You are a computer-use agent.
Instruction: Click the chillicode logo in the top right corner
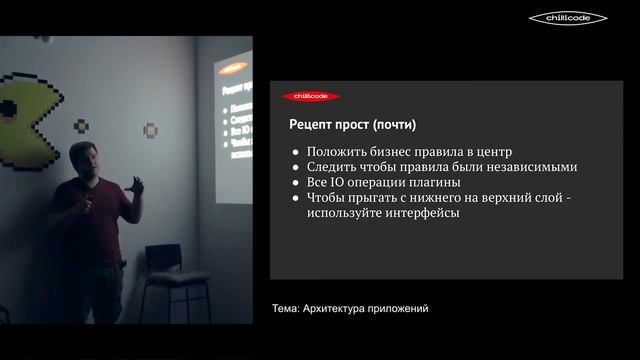(x=567, y=18)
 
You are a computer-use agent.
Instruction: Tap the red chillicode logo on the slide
(x=311, y=96)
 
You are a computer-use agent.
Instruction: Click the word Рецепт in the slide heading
(x=312, y=126)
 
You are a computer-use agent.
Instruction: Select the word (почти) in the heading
(x=392, y=126)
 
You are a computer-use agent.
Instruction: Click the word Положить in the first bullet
(x=335, y=151)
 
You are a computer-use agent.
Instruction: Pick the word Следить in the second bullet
(x=331, y=167)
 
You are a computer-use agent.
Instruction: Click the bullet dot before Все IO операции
(x=296, y=184)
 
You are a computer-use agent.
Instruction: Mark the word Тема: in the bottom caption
(x=286, y=309)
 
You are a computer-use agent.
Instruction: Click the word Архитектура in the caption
(x=337, y=309)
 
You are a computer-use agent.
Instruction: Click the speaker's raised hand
(x=136, y=185)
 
